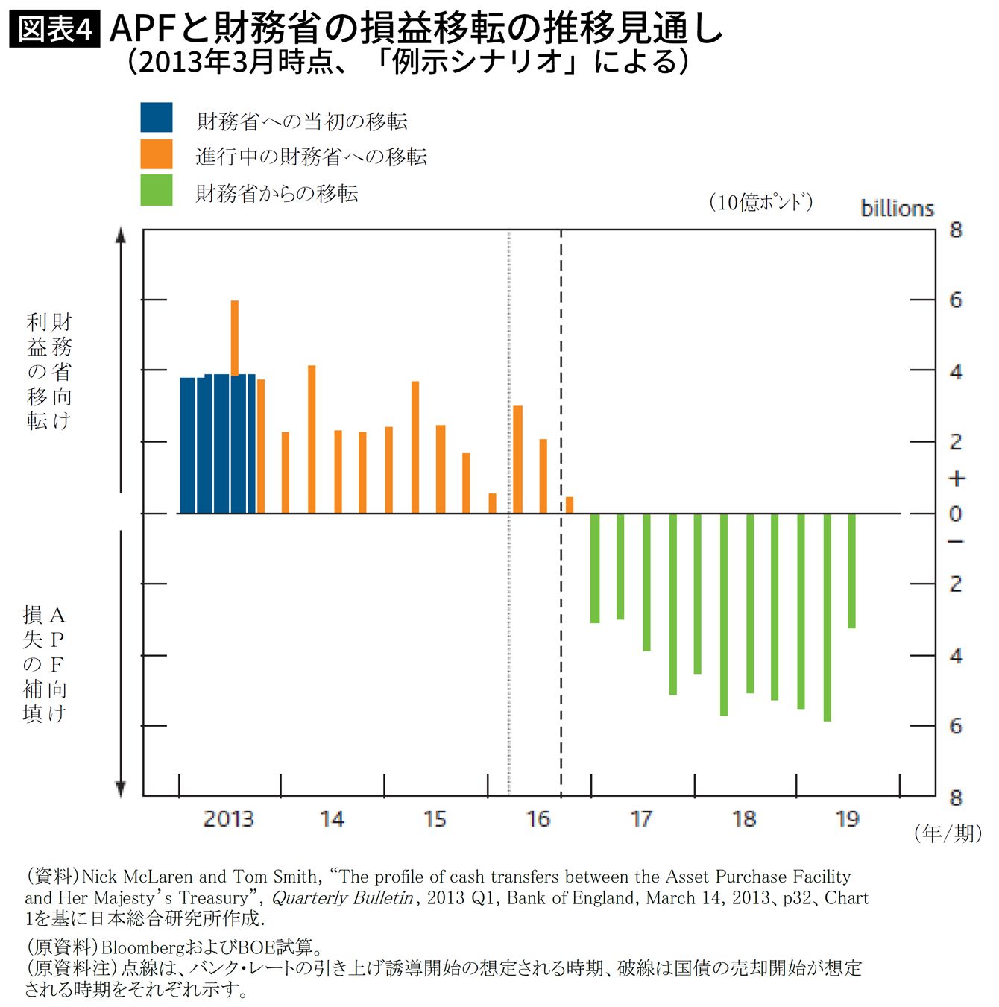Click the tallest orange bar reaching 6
[x=235, y=335]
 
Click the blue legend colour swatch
[x=157, y=118]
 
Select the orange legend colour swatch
[x=157, y=154]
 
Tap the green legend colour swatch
[x=157, y=190]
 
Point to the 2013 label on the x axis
[x=228, y=819]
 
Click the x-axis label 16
[x=538, y=819]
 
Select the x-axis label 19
[x=848, y=819]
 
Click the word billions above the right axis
[x=897, y=209]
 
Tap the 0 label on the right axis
[x=956, y=514]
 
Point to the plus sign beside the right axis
[x=956, y=479]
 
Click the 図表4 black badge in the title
[x=54, y=30]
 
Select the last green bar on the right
[x=851, y=570]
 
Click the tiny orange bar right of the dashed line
[x=570, y=505]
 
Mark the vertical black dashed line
[x=561, y=634]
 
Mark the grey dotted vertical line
[x=509, y=634]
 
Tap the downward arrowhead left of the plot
[x=121, y=789]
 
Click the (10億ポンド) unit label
[x=760, y=202]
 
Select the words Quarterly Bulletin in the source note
[x=342, y=898]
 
